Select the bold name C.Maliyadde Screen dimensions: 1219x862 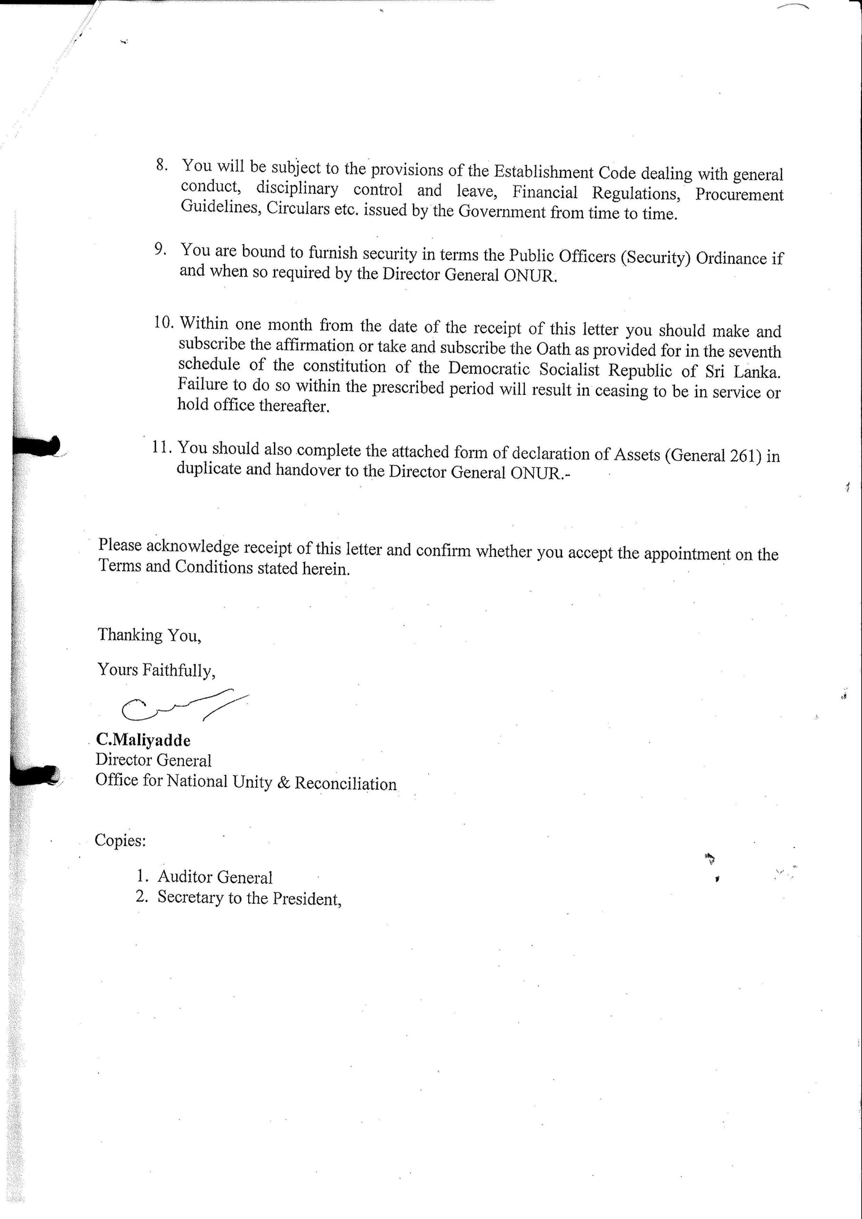[x=143, y=739]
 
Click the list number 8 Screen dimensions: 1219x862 [x=162, y=165]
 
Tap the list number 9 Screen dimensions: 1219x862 [x=161, y=249]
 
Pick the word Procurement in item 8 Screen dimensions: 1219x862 [x=739, y=195]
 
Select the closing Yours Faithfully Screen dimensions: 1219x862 [x=156, y=670]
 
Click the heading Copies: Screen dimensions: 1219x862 [x=120, y=840]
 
